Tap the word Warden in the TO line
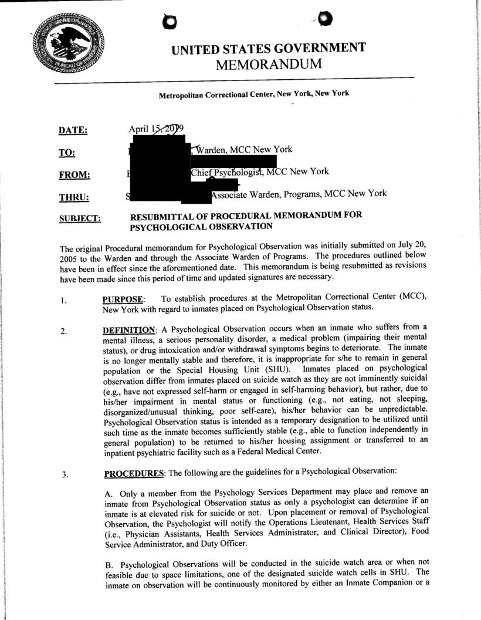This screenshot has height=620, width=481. pos(213,149)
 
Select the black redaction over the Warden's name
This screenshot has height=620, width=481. pos(160,151)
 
